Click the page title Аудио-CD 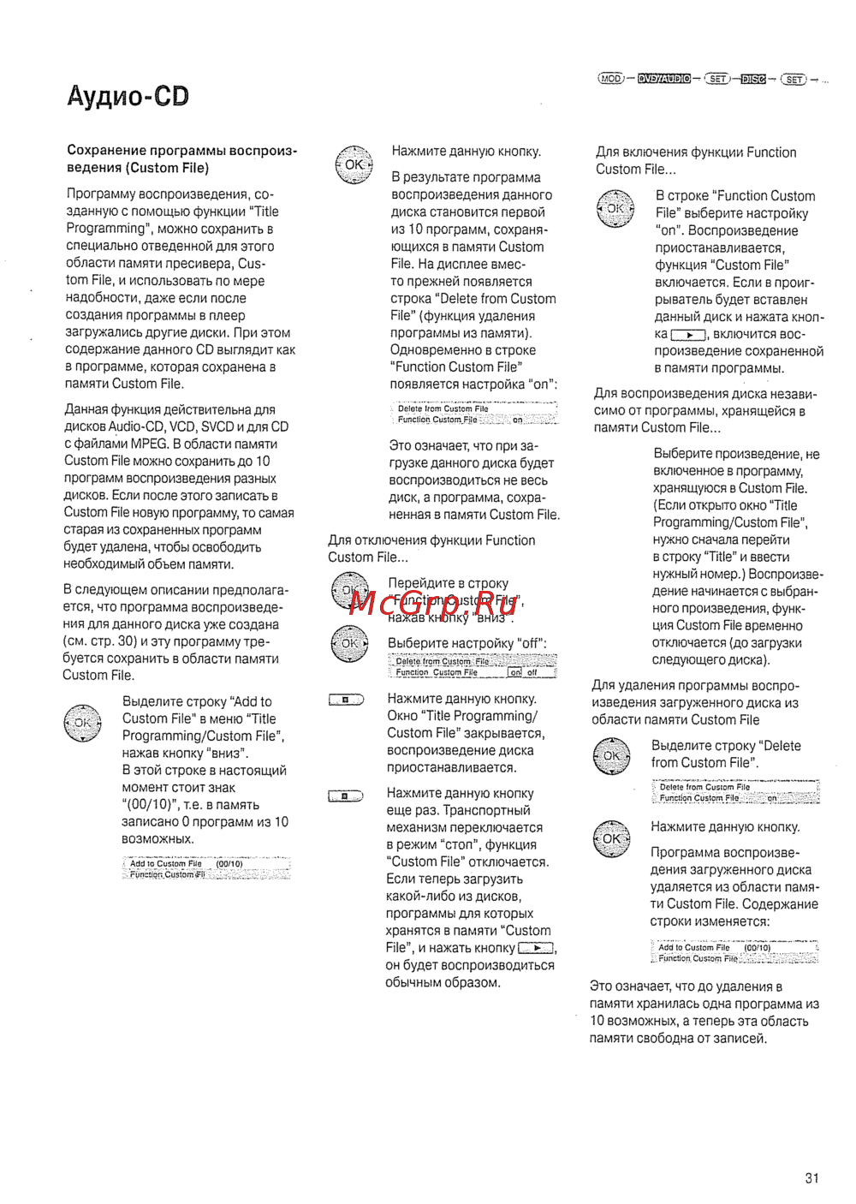pyautogui.click(x=128, y=96)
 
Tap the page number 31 pyautogui.click(x=811, y=1178)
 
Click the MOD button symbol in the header pyautogui.click(x=611, y=79)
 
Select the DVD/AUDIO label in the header pyautogui.click(x=664, y=79)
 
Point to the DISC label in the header pyautogui.click(x=753, y=80)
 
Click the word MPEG pyautogui.click(x=149, y=444)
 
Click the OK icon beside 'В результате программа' pyautogui.click(x=354, y=164)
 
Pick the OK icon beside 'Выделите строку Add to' pyautogui.click(x=82, y=723)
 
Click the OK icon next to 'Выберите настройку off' pyautogui.click(x=349, y=643)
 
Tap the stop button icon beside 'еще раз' pyautogui.click(x=346, y=796)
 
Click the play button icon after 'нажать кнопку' pyautogui.click(x=536, y=948)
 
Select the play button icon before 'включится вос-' pyautogui.click(x=688, y=335)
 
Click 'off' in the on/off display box pyautogui.click(x=532, y=672)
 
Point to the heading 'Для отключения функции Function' pyautogui.click(x=431, y=540)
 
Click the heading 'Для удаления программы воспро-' pyautogui.click(x=695, y=685)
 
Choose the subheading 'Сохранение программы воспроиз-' pyautogui.click(x=181, y=151)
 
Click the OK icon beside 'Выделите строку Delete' pyautogui.click(x=612, y=755)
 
